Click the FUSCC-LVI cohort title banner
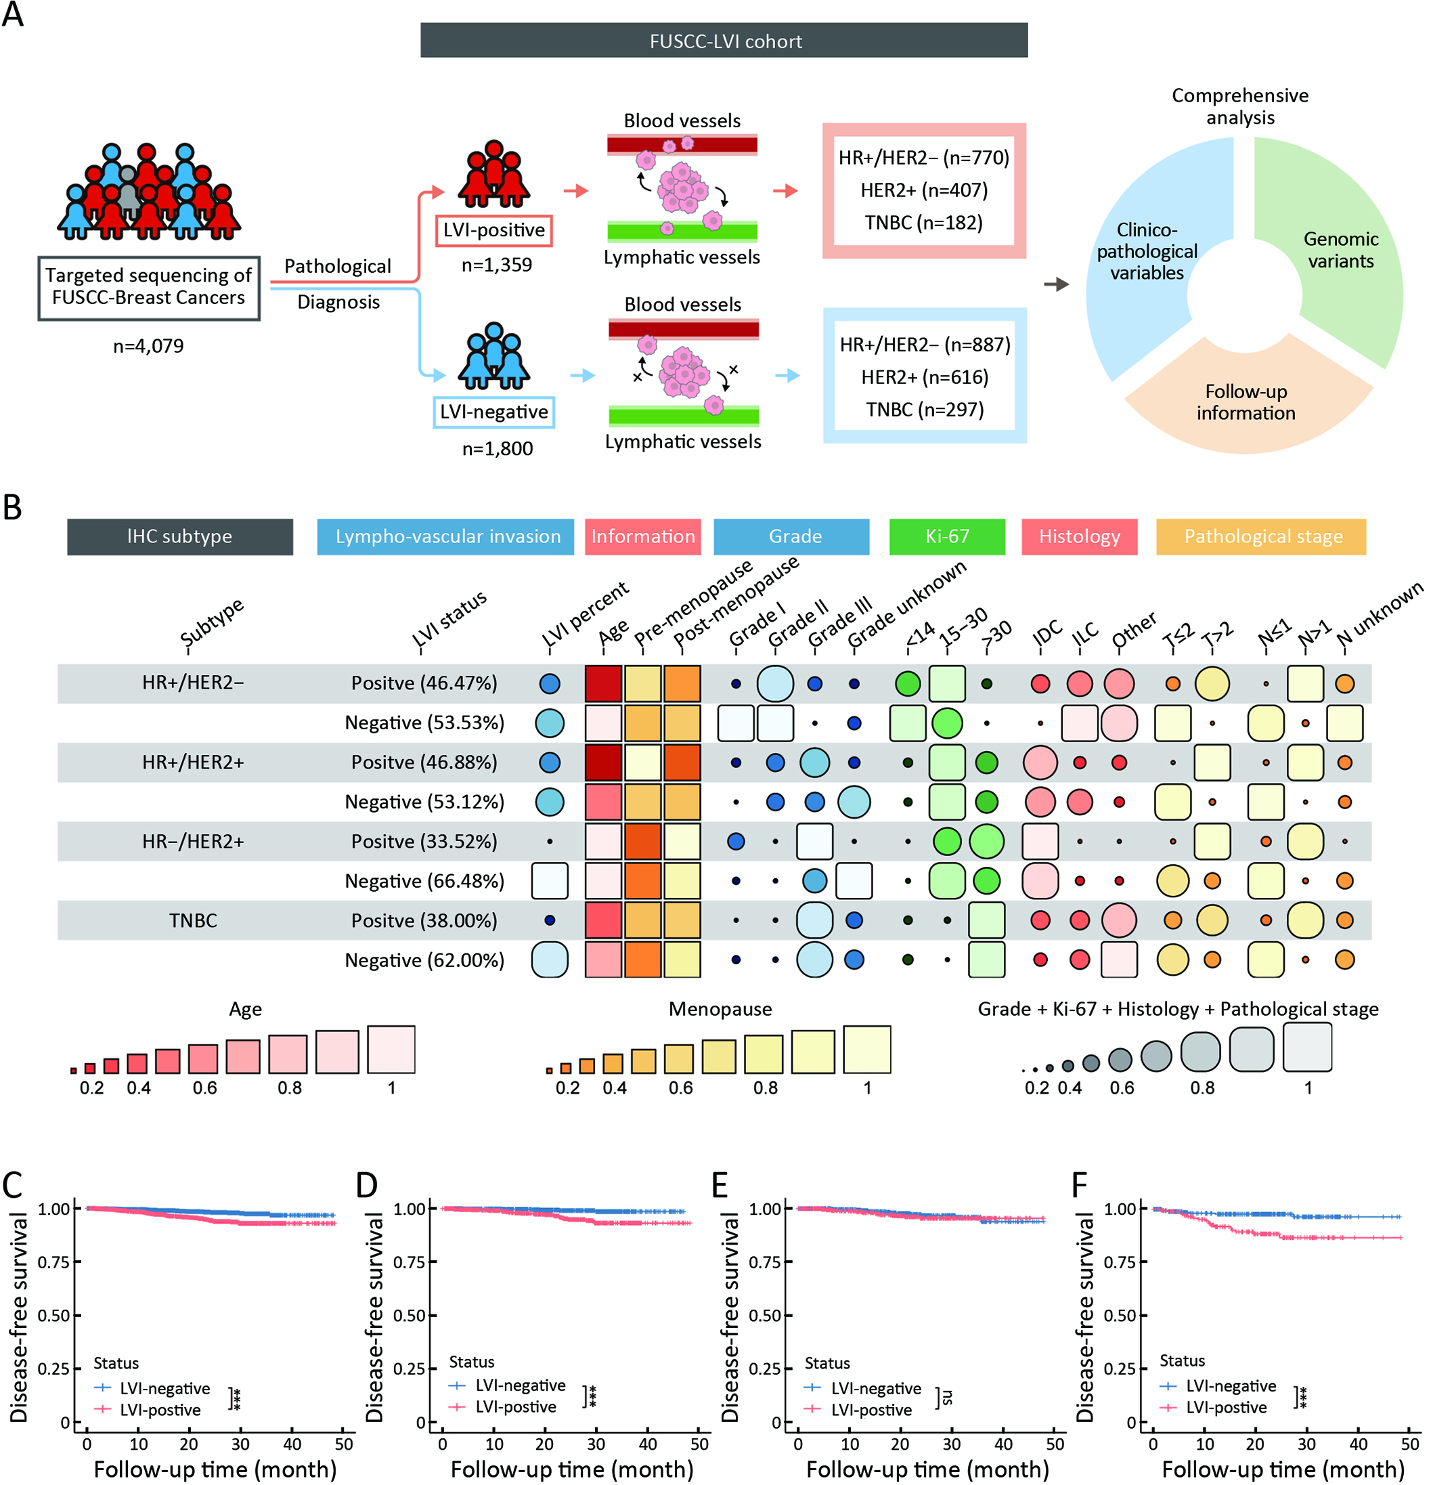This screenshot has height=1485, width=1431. [x=724, y=40]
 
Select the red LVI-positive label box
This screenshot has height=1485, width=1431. [x=494, y=230]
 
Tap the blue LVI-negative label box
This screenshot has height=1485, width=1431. [x=494, y=412]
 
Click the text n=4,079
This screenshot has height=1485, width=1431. [x=148, y=346]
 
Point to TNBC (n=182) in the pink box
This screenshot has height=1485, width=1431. [x=923, y=223]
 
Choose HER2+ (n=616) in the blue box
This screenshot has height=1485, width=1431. [x=925, y=377]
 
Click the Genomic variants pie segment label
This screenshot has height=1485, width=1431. [x=1341, y=250]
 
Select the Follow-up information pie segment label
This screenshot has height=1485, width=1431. [x=1246, y=402]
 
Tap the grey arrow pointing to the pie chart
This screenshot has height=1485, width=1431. [x=1056, y=285]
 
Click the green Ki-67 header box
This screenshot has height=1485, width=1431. [x=947, y=537]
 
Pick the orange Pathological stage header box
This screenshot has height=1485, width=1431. [x=1261, y=537]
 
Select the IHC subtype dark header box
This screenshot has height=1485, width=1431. [x=179, y=537]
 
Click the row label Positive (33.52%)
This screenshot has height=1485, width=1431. [x=424, y=842]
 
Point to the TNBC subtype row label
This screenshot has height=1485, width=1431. [x=193, y=920]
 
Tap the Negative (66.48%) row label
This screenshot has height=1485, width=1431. [x=424, y=881]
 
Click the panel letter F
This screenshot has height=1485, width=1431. [x=1080, y=1184]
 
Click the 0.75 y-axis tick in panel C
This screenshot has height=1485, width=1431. [x=55, y=1262]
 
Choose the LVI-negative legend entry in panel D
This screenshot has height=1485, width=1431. [x=508, y=1385]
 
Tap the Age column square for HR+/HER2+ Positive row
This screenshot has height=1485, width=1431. [x=604, y=762]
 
